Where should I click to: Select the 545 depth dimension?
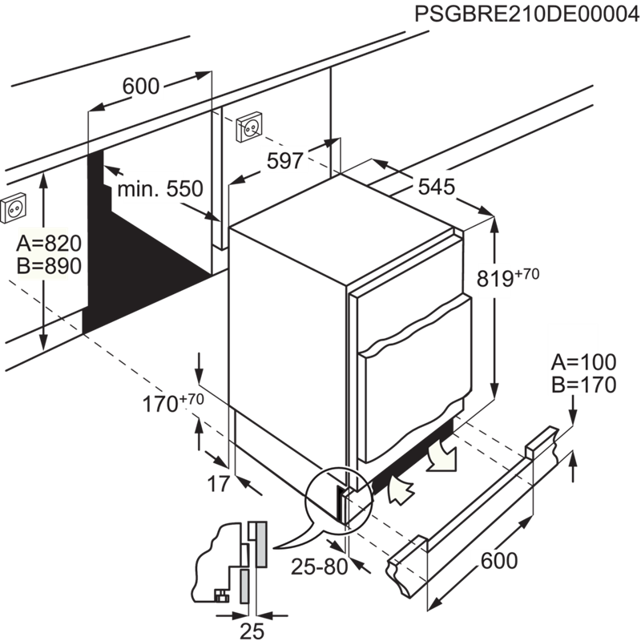tap(437, 187)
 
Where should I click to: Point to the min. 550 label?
tap(160, 190)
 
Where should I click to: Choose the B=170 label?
tap(583, 385)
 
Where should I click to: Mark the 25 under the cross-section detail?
tap(252, 630)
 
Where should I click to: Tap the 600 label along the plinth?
tap(494, 561)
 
